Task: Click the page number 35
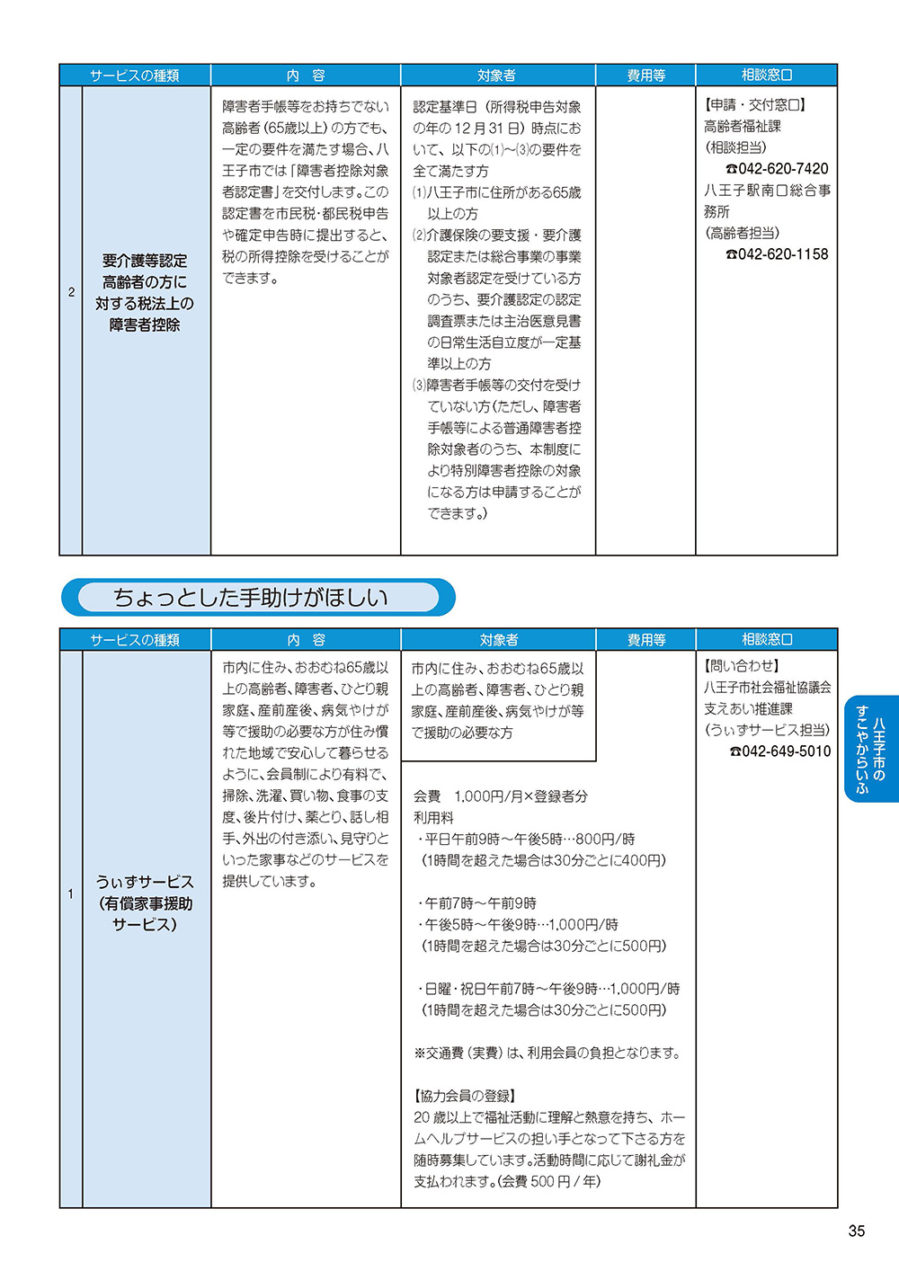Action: click(856, 1231)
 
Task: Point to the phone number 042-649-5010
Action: click(779, 751)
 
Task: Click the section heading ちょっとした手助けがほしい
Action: click(251, 598)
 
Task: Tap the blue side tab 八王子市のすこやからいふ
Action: click(870, 749)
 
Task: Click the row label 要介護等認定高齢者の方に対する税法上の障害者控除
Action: click(145, 292)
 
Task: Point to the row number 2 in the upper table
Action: click(72, 292)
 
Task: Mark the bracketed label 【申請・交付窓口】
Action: click(755, 105)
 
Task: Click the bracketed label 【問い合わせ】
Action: click(741, 666)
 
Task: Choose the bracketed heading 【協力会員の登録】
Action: click(465, 1096)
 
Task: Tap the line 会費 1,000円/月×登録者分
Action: click(501, 796)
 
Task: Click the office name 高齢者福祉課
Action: click(743, 127)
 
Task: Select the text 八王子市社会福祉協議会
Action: click(767, 688)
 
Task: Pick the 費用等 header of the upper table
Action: click(645, 76)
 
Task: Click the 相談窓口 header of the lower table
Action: click(767, 639)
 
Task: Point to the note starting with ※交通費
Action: click(547, 1053)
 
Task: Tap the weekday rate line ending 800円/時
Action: click(526, 839)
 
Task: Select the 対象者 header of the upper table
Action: click(497, 76)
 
